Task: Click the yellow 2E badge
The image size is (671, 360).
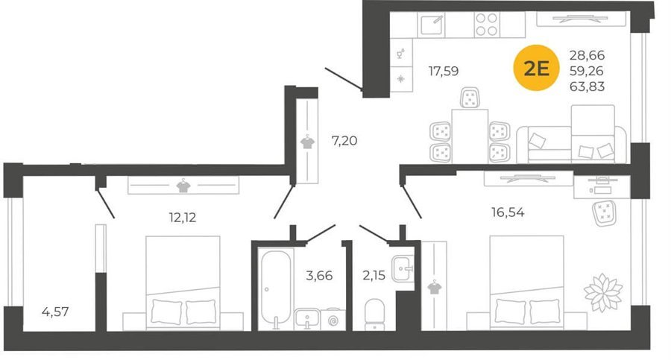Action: (x=536, y=68)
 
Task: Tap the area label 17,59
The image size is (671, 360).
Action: (x=444, y=71)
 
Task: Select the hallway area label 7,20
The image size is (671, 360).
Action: (x=344, y=140)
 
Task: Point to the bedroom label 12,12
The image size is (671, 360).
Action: (x=183, y=218)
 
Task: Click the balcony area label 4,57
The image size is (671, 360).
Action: (x=55, y=312)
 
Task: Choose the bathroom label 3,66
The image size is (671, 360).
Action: (x=319, y=275)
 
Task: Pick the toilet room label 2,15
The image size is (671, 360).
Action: (x=374, y=275)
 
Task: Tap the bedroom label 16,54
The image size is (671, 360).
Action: (x=508, y=212)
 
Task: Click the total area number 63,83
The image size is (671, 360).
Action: (x=587, y=86)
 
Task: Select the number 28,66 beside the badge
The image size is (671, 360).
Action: (x=587, y=55)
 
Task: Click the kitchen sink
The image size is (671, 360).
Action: (x=432, y=25)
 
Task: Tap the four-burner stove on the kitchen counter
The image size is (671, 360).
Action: (x=487, y=25)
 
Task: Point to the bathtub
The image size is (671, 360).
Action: (x=276, y=289)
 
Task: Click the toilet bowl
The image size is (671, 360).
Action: (x=374, y=315)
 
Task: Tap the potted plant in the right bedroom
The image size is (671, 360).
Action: (x=603, y=292)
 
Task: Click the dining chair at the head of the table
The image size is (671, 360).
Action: (x=470, y=98)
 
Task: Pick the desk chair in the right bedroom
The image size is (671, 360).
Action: (x=604, y=212)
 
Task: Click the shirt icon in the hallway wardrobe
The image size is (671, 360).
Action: (x=307, y=142)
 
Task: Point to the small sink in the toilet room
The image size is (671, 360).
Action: (x=403, y=268)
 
